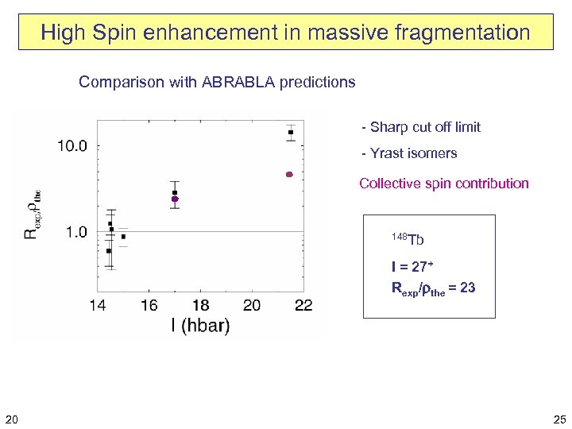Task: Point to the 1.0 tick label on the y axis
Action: click(76, 232)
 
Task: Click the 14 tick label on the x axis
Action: click(98, 306)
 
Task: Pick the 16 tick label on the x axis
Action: click(149, 306)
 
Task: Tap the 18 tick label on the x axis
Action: click(200, 306)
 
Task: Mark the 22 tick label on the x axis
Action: click(303, 306)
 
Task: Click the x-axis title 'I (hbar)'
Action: click(199, 326)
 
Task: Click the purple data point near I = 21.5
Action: click(290, 174)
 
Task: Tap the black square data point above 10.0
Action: click(292, 132)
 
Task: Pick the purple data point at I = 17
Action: click(175, 199)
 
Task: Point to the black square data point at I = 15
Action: click(123, 237)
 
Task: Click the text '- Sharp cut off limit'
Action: click(420, 127)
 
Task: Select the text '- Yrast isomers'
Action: click(409, 153)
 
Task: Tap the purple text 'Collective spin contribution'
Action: click(443, 184)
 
